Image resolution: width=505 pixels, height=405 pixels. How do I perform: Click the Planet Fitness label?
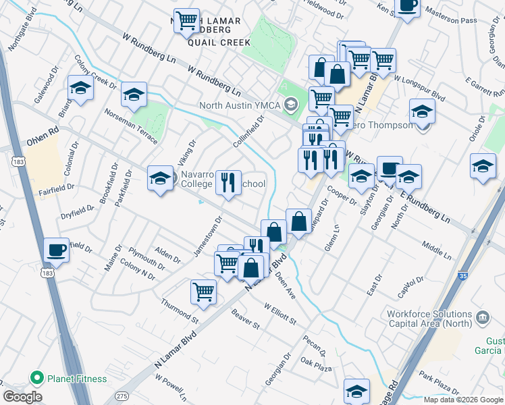coord(76,379)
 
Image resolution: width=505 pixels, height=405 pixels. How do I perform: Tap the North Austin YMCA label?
coord(240,105)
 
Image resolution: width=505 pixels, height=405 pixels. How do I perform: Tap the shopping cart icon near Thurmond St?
coord(203,292)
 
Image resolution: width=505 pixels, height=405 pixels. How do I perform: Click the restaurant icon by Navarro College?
coord(228,182)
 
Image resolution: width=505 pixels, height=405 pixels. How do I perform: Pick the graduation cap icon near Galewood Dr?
coord(80,88)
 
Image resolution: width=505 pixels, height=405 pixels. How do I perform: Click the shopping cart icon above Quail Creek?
coord(186,20)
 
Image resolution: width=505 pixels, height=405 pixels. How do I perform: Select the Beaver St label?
coord(245,320)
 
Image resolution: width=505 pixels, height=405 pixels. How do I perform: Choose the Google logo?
coord(22,397)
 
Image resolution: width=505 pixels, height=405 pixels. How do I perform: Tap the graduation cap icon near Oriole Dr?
coord(483,166)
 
